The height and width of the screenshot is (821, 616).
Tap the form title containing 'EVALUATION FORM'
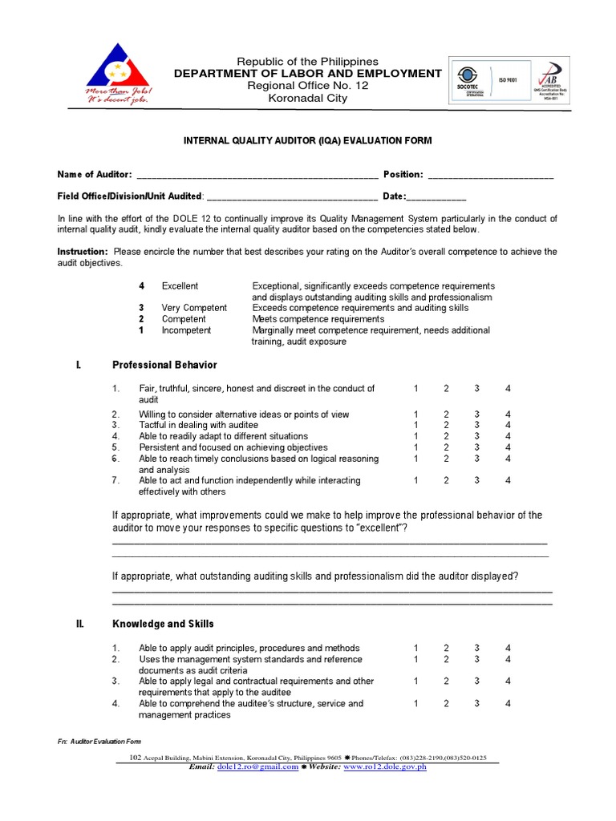(308, 140)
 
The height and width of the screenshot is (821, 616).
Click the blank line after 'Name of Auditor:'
(257, 176)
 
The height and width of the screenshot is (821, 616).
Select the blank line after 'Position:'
(490, 176)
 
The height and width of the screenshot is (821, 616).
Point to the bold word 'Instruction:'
(83, 252)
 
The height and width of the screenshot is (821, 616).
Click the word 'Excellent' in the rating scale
(180, 286)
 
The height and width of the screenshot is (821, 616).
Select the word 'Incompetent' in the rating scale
(186, 330)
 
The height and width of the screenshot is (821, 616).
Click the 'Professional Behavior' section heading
(164, 365)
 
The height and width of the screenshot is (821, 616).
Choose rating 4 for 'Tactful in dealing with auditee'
(508, 425)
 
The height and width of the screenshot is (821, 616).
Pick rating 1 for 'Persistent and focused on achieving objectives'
(416, 447)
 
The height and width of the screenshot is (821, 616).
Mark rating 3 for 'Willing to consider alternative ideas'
(476, 415)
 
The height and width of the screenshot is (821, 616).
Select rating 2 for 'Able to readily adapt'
(446, 436)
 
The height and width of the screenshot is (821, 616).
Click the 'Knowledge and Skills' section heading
(163, 624)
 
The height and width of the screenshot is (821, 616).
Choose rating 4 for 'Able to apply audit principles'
(508, 648)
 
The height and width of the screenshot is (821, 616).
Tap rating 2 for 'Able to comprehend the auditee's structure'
(446, 704)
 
